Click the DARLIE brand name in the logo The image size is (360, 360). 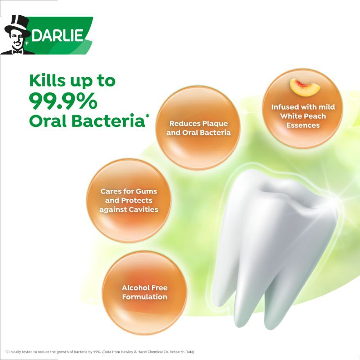click(x=57, y=35)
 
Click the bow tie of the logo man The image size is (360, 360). click(x=17, y=52)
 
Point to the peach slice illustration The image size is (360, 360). click(x=304, y=86)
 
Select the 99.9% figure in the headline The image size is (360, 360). click(x=63, y=101)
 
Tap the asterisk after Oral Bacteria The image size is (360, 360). click(x=147, y=116)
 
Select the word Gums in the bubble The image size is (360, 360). click(x=146, y=191)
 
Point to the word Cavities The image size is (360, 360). click(x=144, y=209)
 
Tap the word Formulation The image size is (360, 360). click(x=145, y=297)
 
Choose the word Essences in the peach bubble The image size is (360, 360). click(x=303, y=125)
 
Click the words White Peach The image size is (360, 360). click(x=303, y=116)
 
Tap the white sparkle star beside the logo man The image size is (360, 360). click(x=27, y=43)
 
